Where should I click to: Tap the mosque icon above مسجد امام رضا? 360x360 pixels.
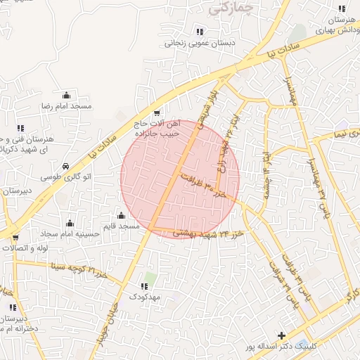[67, 95]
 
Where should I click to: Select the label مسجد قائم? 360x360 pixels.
[120, 226]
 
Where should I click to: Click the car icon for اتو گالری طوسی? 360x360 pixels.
[65, 167]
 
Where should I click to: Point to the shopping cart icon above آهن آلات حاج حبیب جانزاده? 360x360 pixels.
[156, 113]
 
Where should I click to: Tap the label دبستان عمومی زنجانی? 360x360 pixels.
[200, 43]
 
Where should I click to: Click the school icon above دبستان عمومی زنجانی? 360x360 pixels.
[200, 32]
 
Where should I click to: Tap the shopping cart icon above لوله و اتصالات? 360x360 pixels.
[15, 238]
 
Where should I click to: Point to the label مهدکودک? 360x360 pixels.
[144, 297]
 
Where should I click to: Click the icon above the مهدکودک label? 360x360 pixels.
[144, 286]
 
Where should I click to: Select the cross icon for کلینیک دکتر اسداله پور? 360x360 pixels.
[281, 336]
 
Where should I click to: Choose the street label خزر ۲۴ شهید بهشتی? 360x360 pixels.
[210, 233]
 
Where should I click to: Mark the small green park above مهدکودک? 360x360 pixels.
[150, 278]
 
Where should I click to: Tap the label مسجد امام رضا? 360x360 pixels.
[67, 105]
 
